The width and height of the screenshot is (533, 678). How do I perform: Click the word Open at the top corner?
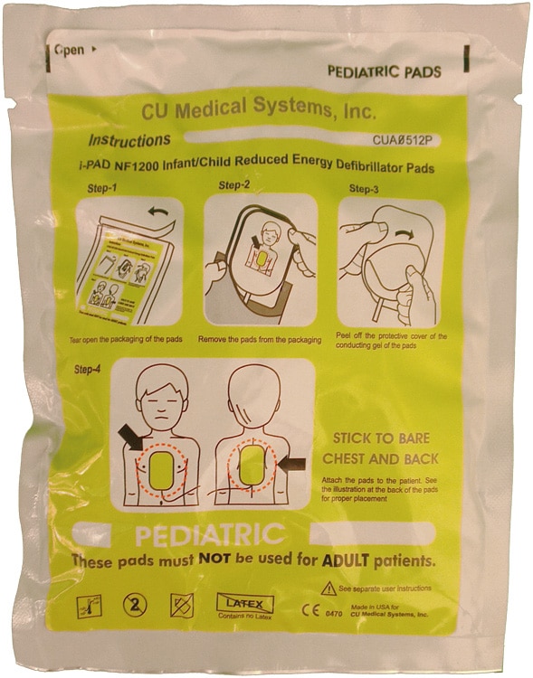point(68,51)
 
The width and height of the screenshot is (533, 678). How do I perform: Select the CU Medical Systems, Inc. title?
point(259,111)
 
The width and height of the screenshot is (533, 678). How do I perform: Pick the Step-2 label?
point(234,185)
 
